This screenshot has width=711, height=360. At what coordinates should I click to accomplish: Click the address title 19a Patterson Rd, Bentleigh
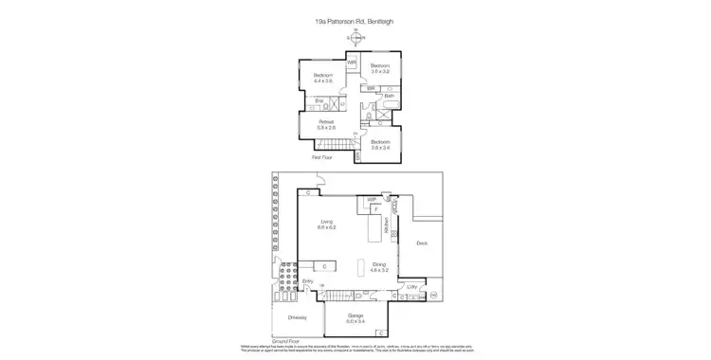(355, 19)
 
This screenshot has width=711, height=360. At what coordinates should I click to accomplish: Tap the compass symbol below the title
(355, 37)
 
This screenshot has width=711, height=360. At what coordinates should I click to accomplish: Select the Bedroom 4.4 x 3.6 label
(323, 78)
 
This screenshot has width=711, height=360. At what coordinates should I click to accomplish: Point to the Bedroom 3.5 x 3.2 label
(380, 68)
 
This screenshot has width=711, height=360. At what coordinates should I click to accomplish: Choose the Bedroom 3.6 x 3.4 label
(380, 144)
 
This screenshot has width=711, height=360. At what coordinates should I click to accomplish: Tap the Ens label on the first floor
(319, 100)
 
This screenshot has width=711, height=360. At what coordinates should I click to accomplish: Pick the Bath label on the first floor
(389, 96)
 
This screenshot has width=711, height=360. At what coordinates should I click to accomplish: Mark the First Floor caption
(322, 157)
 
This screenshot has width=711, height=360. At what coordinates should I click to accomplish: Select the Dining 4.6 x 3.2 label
(379, 267)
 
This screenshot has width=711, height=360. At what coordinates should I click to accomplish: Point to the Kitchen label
(387, 226)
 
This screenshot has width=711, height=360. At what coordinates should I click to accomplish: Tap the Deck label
(422, 243)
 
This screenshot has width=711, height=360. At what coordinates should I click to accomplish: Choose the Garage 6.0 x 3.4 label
(355, 317)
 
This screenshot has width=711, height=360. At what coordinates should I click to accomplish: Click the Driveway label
(297, 317)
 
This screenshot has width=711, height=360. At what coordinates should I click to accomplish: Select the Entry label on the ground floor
(307, 281)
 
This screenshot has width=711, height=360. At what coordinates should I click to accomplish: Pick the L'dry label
(411, 286)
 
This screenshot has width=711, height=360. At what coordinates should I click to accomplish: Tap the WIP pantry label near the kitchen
(361, 200)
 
